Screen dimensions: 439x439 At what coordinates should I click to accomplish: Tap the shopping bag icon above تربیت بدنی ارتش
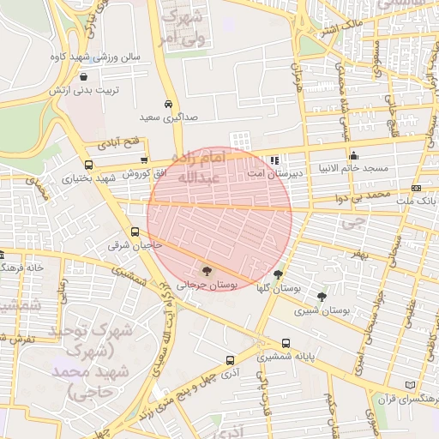[83, 77]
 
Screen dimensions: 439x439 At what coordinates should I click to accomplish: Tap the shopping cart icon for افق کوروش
[143, 159]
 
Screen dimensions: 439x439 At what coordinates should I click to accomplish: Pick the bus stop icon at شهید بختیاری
[88, 165]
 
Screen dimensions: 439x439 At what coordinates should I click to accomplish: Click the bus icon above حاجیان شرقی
[135, 232]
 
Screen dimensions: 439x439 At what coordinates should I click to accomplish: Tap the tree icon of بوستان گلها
[277, 275]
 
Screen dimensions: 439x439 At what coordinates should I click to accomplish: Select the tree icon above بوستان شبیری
[322, 297]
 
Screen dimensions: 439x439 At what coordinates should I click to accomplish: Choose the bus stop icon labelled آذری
[229, 360]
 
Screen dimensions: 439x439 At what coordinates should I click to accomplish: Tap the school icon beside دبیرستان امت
[274, 159]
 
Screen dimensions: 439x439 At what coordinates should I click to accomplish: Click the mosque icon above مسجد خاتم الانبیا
[353, 155]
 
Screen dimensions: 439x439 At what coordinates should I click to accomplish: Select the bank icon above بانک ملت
[416, 188]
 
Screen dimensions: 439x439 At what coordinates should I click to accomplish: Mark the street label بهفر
[358, 254]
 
